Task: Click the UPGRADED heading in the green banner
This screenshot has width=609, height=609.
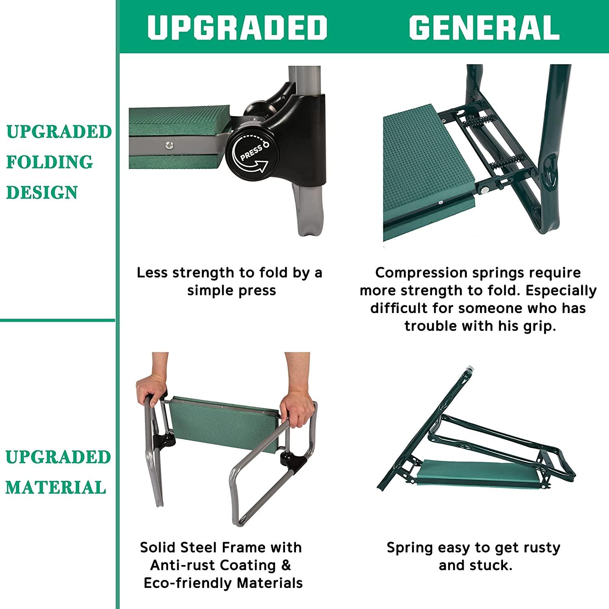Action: coord(237,27)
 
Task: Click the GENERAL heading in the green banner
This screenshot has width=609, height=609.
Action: coord(484,27)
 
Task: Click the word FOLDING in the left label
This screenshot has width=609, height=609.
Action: coord(50,162)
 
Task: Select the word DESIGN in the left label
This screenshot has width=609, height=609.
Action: coord(42,192)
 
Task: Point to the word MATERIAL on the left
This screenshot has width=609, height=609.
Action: coord(56,487)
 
